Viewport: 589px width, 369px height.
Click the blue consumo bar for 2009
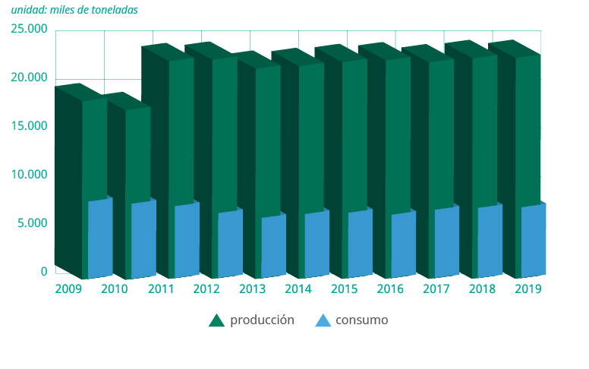pyautogui.click(x=100, y=239)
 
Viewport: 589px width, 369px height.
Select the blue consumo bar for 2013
pyautogui.click(x=273, y=248)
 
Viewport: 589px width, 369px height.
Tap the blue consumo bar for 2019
pyautogui.click(x=533, y=241)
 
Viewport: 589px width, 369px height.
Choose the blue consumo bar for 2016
pyautogui.click(x=403, y=246)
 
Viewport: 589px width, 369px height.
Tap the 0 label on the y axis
pyautogui.click(x=44, y=271)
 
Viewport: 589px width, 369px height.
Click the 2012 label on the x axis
pyautogui.click(x=206, y=289)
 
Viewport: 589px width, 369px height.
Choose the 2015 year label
pyautogui.click(x=345, y=289)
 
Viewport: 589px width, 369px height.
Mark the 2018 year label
pyautogui.click(x=482, y=289)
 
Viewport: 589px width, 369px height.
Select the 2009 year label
pyautogui.click(x=68, y=289)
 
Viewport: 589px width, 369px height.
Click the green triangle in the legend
pyautogui.click(x=217, y=321)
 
